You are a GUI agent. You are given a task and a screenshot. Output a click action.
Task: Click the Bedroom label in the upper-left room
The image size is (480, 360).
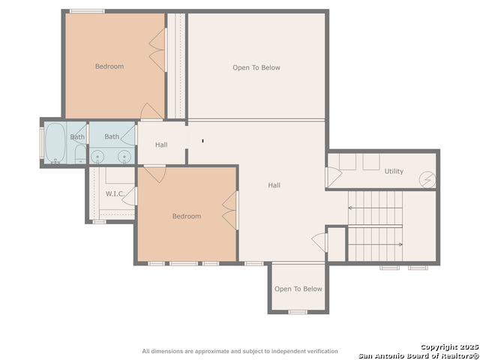pos(109,67)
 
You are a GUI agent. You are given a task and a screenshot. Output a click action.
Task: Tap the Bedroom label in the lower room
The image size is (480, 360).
pos(187,217)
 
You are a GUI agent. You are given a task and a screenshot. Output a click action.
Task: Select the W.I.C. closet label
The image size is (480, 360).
pos(115,194)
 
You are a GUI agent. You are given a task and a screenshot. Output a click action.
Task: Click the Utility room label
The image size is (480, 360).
pos(394,172)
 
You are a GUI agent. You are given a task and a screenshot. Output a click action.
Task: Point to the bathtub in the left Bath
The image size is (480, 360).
pos(55,143)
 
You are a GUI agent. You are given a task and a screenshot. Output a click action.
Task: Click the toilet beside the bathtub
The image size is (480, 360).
pos(80,154)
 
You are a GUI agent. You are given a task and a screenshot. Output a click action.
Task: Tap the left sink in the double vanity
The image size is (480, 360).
pos(97,157)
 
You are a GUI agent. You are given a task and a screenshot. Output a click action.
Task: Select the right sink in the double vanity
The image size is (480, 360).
pos(124,157)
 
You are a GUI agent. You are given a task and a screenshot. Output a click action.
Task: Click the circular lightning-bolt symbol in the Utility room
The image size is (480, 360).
pos(427,180)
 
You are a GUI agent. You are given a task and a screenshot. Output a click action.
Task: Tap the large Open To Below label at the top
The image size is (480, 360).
pos(256,68)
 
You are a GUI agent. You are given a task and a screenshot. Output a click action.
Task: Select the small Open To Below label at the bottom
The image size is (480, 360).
pos(298,289)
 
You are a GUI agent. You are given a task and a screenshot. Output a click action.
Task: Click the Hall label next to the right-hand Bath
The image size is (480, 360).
pos(161,145)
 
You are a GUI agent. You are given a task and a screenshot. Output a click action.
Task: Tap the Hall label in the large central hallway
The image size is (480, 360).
pos(274,185)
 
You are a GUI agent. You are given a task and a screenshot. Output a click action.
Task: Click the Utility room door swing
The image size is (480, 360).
pos(333,177)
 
